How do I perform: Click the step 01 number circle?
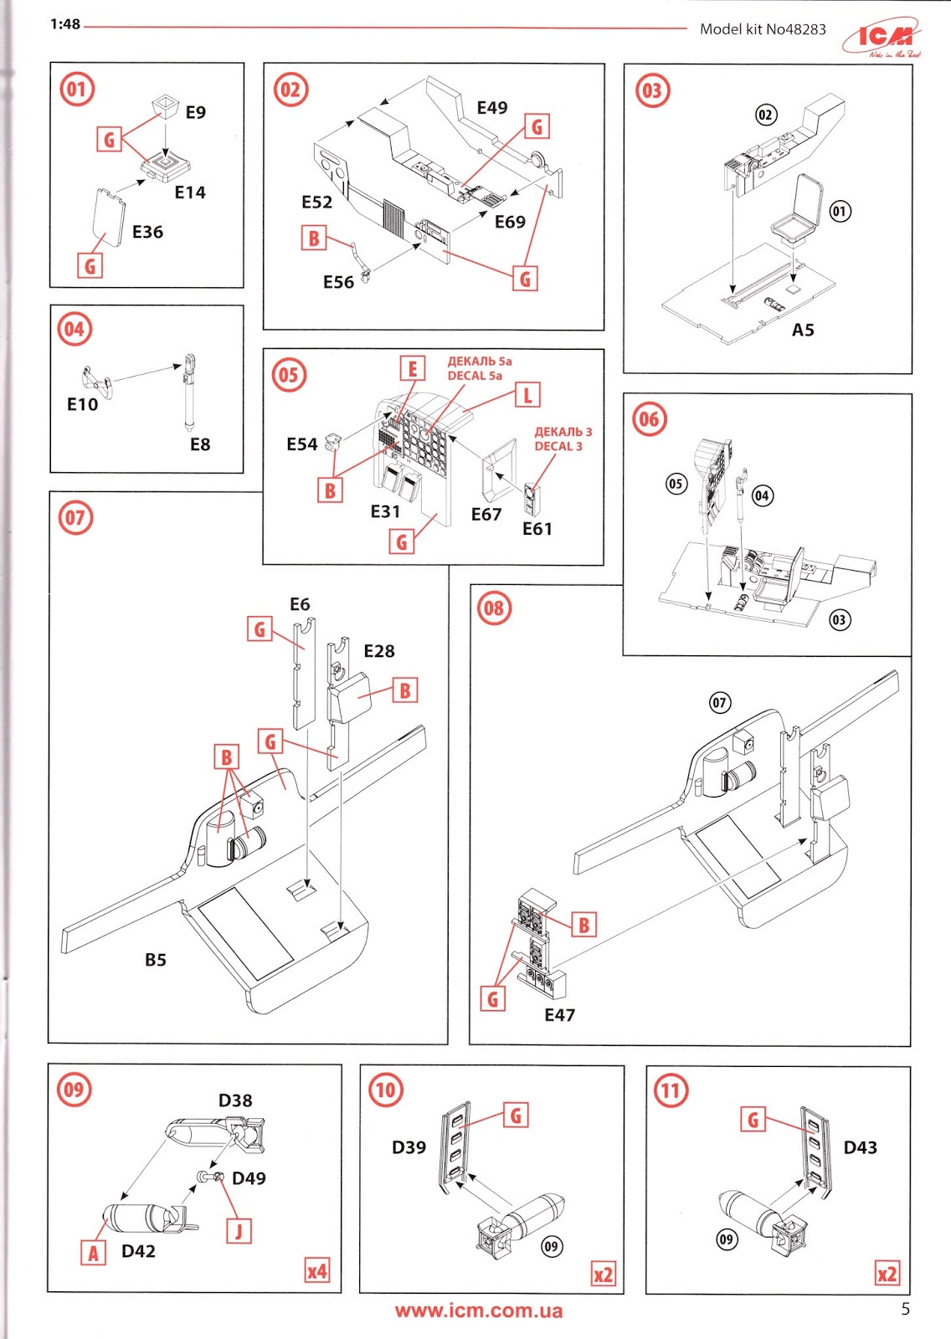(76, 89)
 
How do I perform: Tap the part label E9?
(195, 112)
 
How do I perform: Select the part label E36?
(147, 232)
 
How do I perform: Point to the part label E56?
(338, 282)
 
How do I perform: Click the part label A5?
(803, 330)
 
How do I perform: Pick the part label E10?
(82, 404)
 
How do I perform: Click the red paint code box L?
(527, 395)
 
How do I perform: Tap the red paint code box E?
(412, 368)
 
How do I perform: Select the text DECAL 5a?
(475, 376)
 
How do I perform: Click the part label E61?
(537, 529)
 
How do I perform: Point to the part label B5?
(156, 960)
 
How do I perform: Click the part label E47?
(559, 1015)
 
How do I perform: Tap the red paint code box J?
(239, 1231)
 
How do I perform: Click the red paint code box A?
(93, 1253)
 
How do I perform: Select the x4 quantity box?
(316, 1271)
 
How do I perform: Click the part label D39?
(409, 1147)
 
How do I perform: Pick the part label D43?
(860, 1147)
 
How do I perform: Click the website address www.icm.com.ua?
(479, 1311)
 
